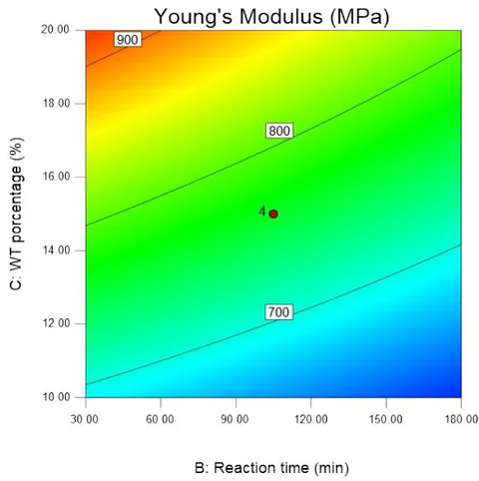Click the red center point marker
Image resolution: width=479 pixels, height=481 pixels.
[x=273, y=214]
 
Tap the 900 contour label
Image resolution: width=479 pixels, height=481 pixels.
[x=128, y=40]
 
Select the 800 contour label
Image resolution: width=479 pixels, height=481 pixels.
[x=279, y=131]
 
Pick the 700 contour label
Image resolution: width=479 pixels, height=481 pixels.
[x=279, y=312]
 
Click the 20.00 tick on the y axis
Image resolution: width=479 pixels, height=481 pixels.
[x=55, y=29]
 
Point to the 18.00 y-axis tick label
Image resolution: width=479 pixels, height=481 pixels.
[x=56, y=103]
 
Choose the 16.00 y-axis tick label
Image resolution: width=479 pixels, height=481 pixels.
[x=56, y=177]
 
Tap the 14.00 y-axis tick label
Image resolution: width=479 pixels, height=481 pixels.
[x=56, y=250]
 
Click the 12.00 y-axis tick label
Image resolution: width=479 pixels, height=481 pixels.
[x=56, y=323]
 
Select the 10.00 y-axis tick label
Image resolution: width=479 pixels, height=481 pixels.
[x=56, y=397]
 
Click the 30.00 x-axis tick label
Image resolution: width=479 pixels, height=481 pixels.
[x=85, y=419]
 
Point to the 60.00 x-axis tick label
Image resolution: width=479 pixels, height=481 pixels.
[x=160, y=419]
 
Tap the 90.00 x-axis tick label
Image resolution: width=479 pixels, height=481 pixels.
[x=235, y=419]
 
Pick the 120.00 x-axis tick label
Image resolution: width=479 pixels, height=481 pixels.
[x=310, y=419]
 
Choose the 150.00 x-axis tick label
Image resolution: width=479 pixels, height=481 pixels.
[x=386, y=419]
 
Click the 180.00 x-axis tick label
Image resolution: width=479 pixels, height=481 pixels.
[x=461, y=419]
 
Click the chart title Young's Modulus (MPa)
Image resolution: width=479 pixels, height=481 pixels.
[x=271, y=17]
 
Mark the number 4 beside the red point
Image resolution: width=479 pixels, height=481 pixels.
[x=262, y=212]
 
